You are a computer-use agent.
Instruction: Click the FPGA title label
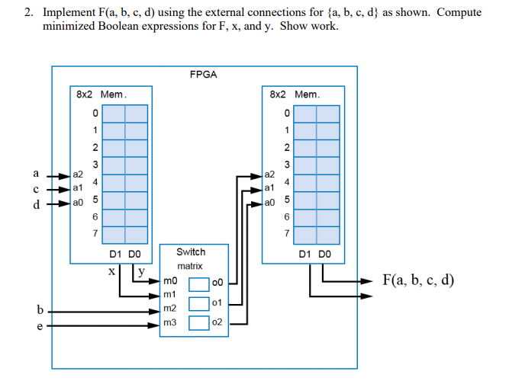coord(204,75)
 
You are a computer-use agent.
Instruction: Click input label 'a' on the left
coord(35,173)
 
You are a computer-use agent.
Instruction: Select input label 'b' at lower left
coord(38,309)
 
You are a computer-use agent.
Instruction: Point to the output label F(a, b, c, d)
coord(418,280)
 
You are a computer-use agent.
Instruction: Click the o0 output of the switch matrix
coord(217,283)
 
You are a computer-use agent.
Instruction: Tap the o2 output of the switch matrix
coord(217,323)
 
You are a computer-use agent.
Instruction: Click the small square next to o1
coord(198,303)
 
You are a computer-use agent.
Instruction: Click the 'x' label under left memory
coord(112,270)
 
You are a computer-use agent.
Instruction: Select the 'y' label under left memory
coord(141,269)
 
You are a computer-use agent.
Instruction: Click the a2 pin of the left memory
coord(78,174)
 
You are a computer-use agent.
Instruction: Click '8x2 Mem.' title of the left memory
coord(101,94)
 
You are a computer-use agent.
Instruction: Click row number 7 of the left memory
coord(95,233)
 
